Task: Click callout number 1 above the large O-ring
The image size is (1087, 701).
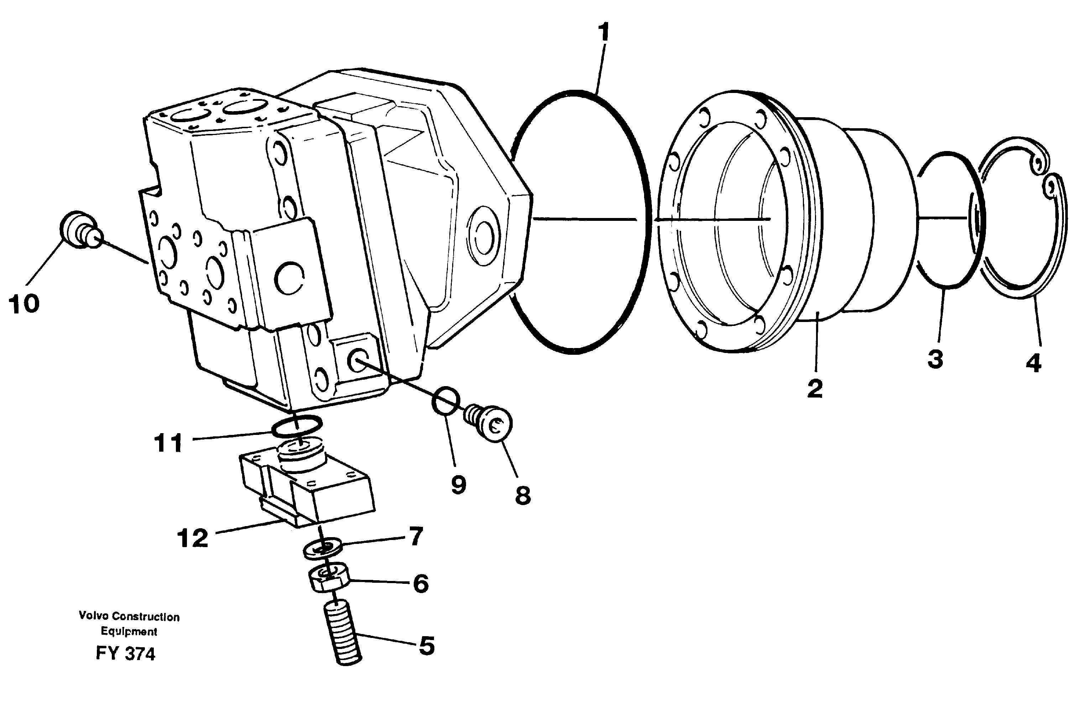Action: (603, 33)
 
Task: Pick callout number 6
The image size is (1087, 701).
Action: (421, 583)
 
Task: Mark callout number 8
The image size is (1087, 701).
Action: (523, 495)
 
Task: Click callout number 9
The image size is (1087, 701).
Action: (459, 484)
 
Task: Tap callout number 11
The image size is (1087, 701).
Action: (168, 442)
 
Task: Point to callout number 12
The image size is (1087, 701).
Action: (193, 539)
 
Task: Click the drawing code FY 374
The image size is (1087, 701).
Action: (126, 654)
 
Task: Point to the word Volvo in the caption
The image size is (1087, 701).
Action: (94, 616)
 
